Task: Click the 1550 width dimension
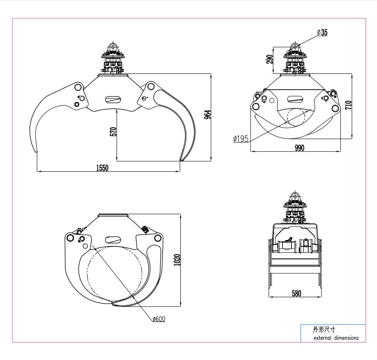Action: tap(102, 168)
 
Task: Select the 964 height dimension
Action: tap(207, 114)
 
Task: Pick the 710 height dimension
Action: tap(348, 105)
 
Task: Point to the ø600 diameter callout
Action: tap(159, 319)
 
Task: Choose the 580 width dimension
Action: tap(296, 293)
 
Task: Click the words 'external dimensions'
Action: tap(336, 337)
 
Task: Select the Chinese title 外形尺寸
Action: tap(324, 330)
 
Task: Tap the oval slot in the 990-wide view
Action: tap(295, 99)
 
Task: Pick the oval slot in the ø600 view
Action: tap(112, 240)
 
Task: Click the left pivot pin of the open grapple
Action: tap(78, 88)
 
